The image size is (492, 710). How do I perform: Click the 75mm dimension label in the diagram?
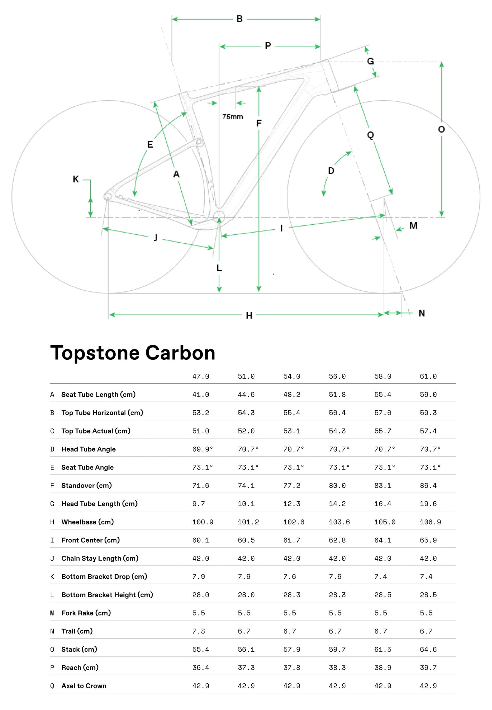tap(232, 117)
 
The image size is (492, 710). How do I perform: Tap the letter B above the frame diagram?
tap(240, 19)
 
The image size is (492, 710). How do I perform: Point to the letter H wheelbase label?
tap(249, 316)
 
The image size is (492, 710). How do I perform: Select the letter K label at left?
tap(75, 179)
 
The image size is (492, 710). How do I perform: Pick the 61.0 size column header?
tap(428, 376)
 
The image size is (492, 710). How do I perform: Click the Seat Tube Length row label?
tap(98, 395)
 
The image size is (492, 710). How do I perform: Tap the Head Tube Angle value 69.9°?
tap(202, 449)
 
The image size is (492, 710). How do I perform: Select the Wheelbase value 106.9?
tap(430, 522)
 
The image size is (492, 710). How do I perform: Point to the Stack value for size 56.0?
tap(337, 649)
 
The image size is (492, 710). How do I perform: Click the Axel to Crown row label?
tap(83, 686)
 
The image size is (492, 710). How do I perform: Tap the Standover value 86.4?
tap(428, 486)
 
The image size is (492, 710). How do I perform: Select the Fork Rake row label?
tap(86, 613)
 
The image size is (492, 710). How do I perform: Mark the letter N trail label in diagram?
tap(422, 313)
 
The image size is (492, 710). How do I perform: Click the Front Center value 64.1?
tap(382, 540)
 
